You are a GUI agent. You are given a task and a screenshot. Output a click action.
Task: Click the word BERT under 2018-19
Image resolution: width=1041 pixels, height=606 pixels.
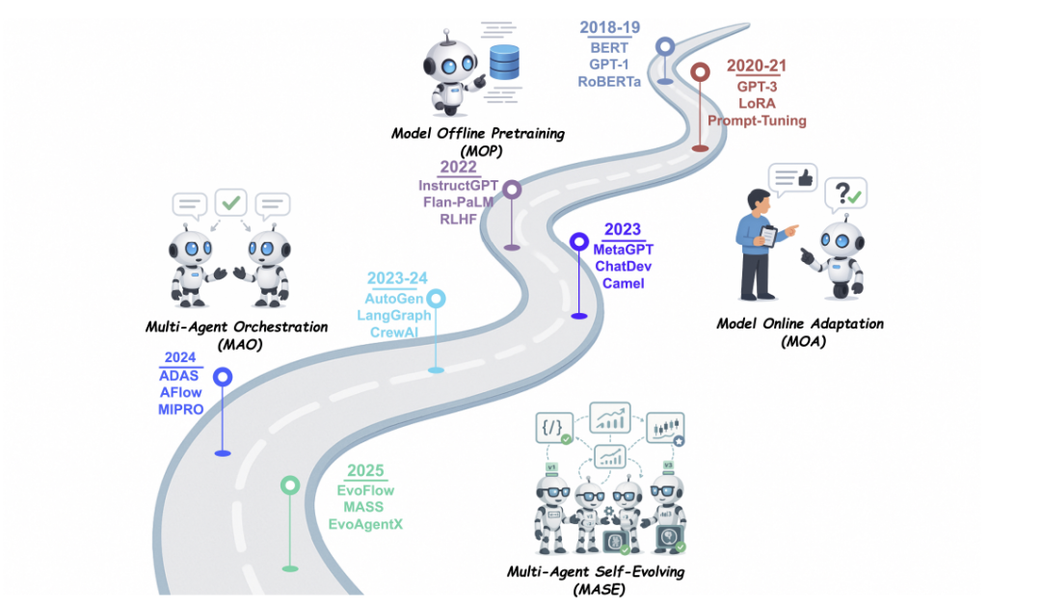tap(609, 47)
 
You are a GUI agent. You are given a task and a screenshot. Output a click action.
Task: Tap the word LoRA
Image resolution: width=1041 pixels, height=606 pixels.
tap(757, 102)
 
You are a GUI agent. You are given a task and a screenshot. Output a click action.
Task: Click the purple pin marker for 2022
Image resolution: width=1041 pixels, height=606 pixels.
tap(512, 190)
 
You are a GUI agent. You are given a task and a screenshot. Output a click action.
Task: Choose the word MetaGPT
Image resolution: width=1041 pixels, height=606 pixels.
tap(623, 250)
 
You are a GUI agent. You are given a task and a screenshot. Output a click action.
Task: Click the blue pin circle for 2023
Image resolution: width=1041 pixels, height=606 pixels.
tap(578, 242)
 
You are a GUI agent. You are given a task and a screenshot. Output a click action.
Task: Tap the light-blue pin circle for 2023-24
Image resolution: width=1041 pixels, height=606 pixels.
tap(436, 299)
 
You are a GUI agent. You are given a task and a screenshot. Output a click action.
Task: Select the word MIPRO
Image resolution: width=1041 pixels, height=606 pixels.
tap(180, 410)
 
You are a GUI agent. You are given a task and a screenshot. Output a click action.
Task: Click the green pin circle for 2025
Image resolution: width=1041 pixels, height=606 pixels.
tap(289, 486)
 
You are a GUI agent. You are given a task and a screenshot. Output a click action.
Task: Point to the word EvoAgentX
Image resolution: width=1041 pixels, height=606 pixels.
tap(365, 525)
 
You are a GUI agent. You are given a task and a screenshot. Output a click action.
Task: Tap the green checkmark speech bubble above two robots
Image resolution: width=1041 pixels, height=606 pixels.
tap(231, 203)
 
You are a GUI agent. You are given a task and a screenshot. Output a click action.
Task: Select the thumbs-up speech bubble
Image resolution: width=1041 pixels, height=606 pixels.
tap(793, 179)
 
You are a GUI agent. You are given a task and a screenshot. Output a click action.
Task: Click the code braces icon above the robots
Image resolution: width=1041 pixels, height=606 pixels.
tap(557, 426)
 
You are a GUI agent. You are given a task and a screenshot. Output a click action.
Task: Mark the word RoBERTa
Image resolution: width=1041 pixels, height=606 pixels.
tap(610, 82)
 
